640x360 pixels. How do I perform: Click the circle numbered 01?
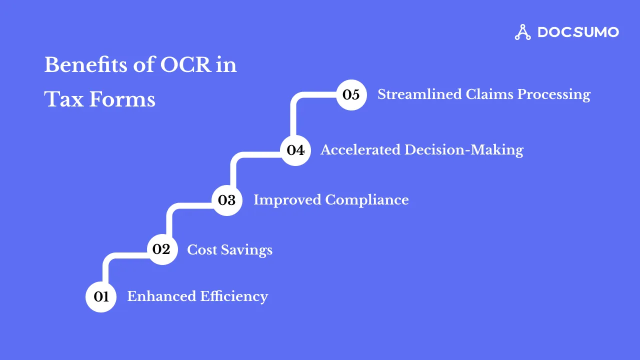101,297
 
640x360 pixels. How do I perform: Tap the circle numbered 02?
162,249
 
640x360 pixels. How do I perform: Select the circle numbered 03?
227,200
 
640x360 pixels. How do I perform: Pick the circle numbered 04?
295,150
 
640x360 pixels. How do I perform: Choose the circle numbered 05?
351,94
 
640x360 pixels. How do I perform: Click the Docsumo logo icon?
523,32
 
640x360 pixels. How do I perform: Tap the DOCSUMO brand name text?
578,32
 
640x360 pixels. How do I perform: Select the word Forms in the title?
122,99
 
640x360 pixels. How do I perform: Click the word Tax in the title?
63,99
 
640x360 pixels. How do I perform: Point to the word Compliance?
367,200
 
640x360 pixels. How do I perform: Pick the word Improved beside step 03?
287,200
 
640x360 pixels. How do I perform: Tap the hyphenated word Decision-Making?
464,150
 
